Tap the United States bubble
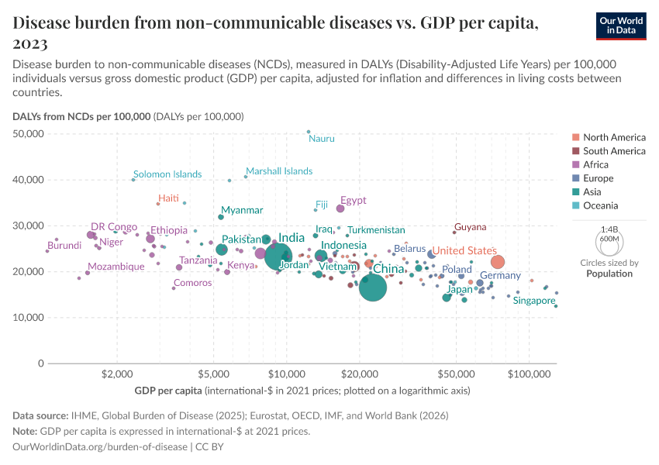(x=498, y=262)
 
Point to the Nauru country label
(x=322, y=139)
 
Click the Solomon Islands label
(x=167, y=174)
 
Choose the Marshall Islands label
(x=279, y=171)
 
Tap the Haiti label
(x=168, y=198)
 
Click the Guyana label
(x=471, y=227)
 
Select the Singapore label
(x=534, y=300)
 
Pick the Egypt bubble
(x=340, y=208)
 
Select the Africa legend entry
(x=595, y=164)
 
